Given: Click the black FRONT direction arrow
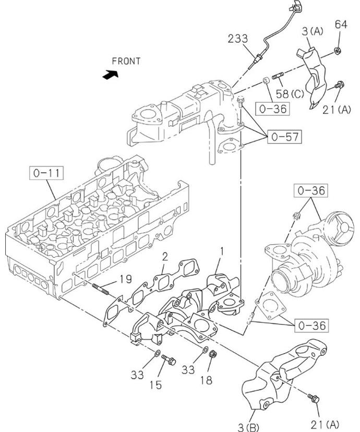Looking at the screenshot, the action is pos(111,75).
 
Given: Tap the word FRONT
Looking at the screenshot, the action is pos(126,61).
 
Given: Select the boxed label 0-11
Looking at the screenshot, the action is pos(46,173).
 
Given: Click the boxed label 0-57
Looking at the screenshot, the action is pos(284,137).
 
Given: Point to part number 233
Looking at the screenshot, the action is pos(238,39).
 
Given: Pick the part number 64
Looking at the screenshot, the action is pos(341,25).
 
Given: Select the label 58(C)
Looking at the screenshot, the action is pos(290,94).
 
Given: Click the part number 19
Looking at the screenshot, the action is pos(126,279).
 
